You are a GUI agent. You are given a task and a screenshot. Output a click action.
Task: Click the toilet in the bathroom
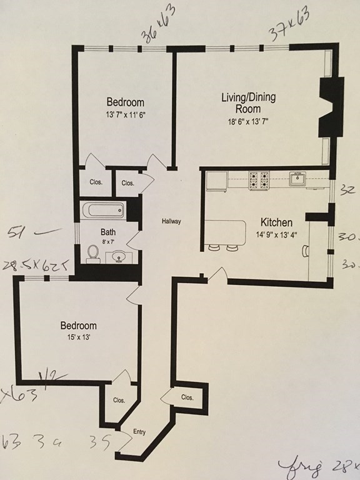coord(94,252)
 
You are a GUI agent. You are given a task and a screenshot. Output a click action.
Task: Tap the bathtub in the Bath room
coord(104,211)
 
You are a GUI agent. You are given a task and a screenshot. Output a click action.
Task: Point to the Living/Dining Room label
coord(249,103)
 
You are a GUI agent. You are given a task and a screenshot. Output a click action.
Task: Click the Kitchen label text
coord(276,222)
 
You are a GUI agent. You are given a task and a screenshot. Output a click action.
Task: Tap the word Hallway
coord(171,221)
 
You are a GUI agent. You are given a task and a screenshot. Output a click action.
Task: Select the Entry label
coord(139,432)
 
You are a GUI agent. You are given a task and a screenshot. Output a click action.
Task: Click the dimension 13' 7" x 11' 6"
coord(125,114)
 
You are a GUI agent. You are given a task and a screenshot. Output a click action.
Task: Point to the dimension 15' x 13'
coord(78,337)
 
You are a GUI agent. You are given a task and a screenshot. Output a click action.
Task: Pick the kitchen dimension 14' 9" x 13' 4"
coord(276,235)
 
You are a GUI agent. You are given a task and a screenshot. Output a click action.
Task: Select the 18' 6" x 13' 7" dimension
coord(249,122)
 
